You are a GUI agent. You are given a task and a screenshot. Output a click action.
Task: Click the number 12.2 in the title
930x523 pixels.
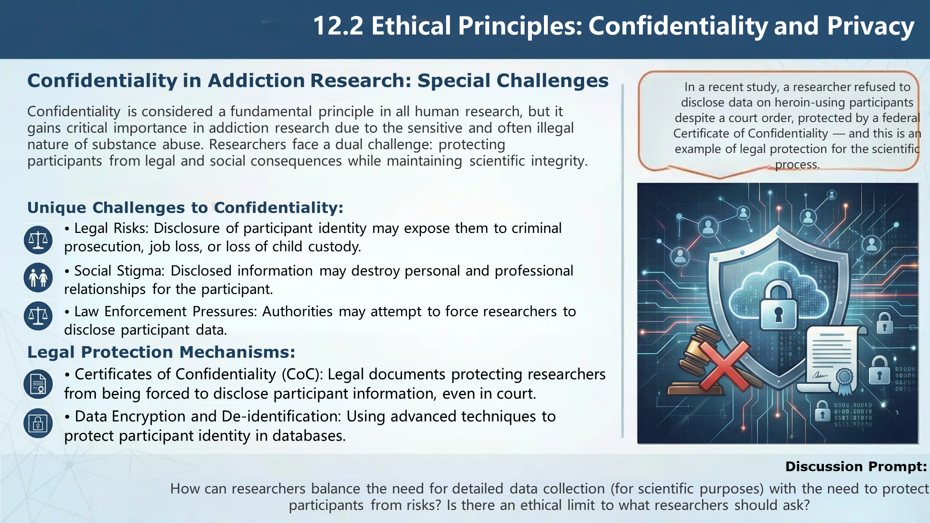click(x=338, y=26)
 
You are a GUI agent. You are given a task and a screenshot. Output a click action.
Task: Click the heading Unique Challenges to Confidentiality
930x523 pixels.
click(x=186, y=208)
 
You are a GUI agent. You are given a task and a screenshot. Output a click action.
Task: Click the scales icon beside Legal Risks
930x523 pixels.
click(x=38, y=240)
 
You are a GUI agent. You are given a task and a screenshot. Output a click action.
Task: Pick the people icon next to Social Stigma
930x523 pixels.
click(x=38, y=278)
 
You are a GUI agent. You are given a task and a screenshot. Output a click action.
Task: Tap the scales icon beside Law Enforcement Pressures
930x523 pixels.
click(x=38, y=316)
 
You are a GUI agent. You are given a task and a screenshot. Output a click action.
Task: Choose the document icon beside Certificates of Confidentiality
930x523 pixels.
click(x=38, y=384)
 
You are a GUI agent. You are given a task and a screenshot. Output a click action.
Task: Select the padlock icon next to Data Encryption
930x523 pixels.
click(x=38, y=423)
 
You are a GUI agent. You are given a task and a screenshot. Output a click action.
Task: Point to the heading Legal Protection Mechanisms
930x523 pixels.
click(x=161, y=352)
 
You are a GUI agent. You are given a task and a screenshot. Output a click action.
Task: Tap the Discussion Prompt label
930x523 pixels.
click(x=856, y=467)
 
